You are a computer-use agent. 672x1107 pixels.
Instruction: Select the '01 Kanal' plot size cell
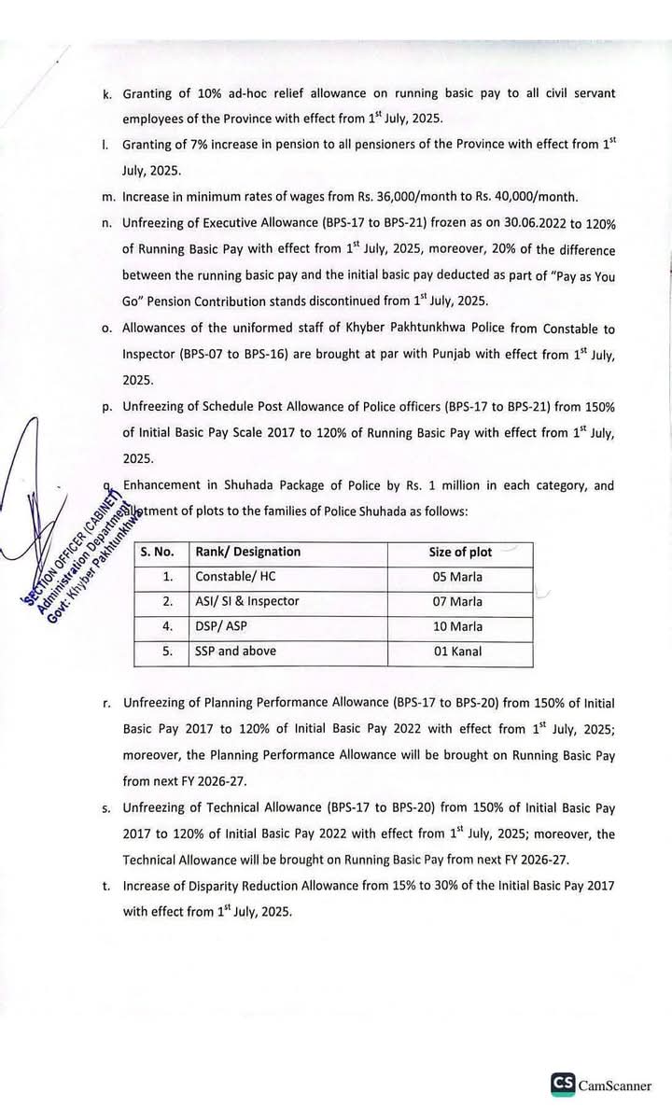457,652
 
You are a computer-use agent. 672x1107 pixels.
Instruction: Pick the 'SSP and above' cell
235,652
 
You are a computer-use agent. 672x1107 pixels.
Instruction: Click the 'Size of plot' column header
460,552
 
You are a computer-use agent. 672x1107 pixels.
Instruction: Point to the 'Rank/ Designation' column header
247,552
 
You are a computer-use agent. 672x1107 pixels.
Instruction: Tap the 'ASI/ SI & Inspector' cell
247,601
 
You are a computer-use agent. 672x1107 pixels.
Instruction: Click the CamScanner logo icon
562,1084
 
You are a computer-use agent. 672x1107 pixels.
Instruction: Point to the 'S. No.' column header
158,552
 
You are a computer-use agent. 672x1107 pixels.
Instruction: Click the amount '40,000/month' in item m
540,196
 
